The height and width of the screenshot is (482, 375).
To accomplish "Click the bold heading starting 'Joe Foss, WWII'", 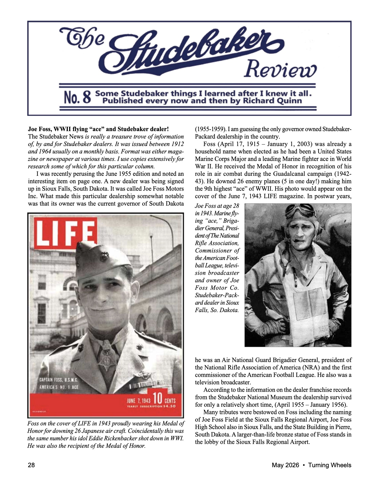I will coord(98,129).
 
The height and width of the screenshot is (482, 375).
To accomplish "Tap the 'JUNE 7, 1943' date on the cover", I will coord(138,401).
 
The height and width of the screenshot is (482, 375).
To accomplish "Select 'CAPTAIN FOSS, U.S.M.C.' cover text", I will coord(58,380).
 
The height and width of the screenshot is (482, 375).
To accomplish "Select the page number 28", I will coord(31,465).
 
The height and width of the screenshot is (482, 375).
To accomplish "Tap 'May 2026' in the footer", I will coord(285,465).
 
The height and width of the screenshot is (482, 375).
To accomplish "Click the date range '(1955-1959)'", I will coord(210,129).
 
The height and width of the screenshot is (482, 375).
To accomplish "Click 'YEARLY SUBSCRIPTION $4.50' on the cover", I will coord(151,406).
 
